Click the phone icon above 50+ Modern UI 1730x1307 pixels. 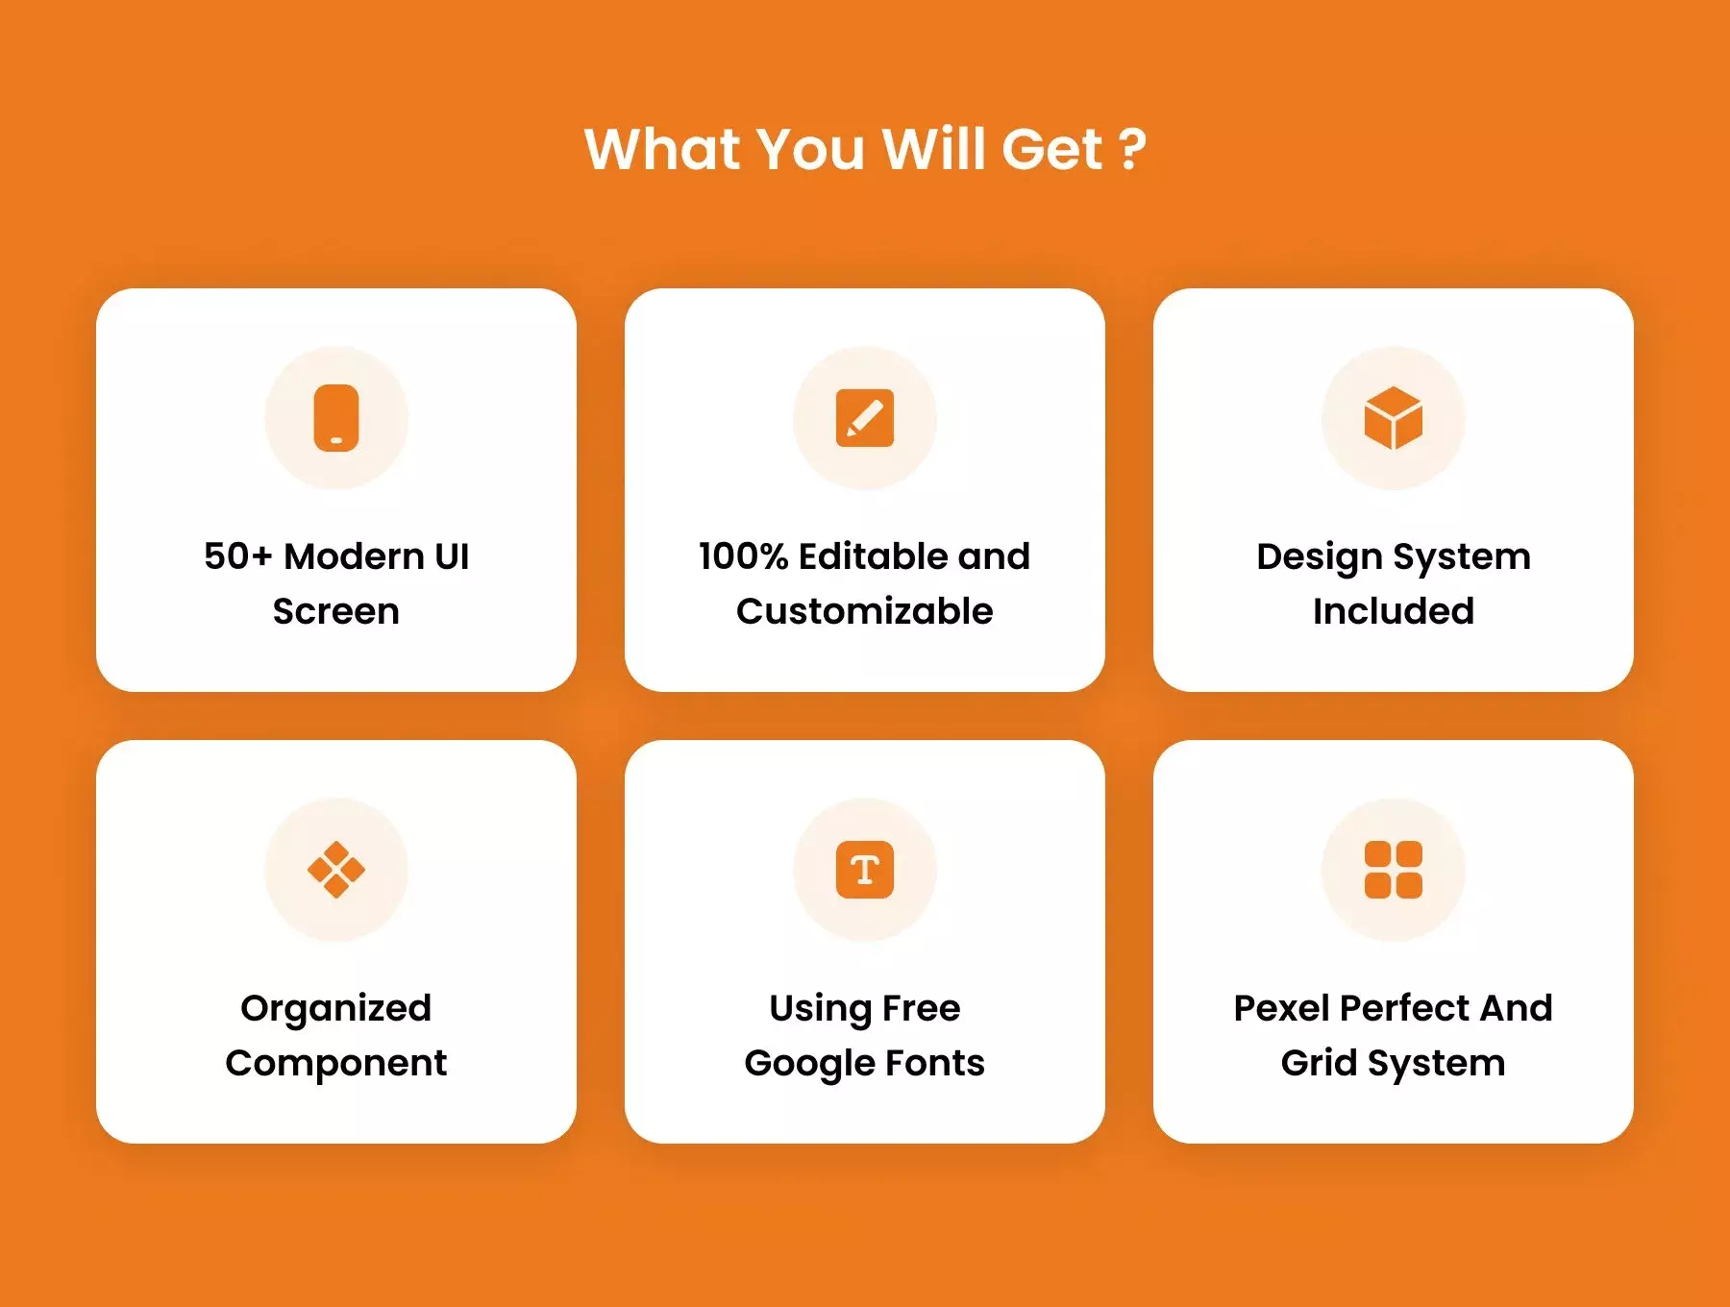(336, 418)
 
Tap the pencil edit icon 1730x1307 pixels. (865, 418)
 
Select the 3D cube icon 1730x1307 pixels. (1394, 418)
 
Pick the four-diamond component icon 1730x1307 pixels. (336, 870)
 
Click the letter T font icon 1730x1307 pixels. (865, 870)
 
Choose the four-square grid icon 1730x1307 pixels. (1394, 870)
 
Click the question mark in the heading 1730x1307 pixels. (1133, 150)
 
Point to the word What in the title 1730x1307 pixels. (662, 150)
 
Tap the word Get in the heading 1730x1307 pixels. (1051, 150)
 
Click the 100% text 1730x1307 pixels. (743, 556)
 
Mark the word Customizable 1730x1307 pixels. (865, 611)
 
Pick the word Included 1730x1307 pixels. (1394, 611)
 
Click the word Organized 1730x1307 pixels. (336, 1009)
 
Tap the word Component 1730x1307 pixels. (336, 1064)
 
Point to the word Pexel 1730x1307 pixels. (1282, 1008)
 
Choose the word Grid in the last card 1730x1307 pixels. (1319, 1063)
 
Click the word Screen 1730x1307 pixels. (336, 611)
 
